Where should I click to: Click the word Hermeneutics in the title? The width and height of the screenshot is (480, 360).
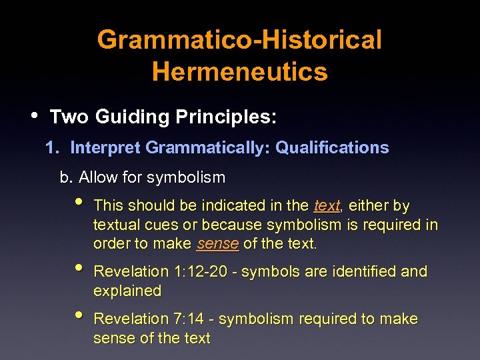pyautogui.click(x=240, y=71)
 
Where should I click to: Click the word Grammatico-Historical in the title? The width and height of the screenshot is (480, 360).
pyautogui.click(x=240, y=40)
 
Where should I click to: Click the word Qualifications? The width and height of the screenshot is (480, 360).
pyautogui.click(x=332, y=147)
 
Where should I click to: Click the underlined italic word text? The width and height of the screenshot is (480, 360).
pyautogui.click(x=327, y=205)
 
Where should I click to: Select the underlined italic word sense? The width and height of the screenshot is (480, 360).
pyautogui.click(x=218, y=244)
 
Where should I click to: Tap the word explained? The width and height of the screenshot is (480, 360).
pyautogui.click(x=127, y=291)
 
